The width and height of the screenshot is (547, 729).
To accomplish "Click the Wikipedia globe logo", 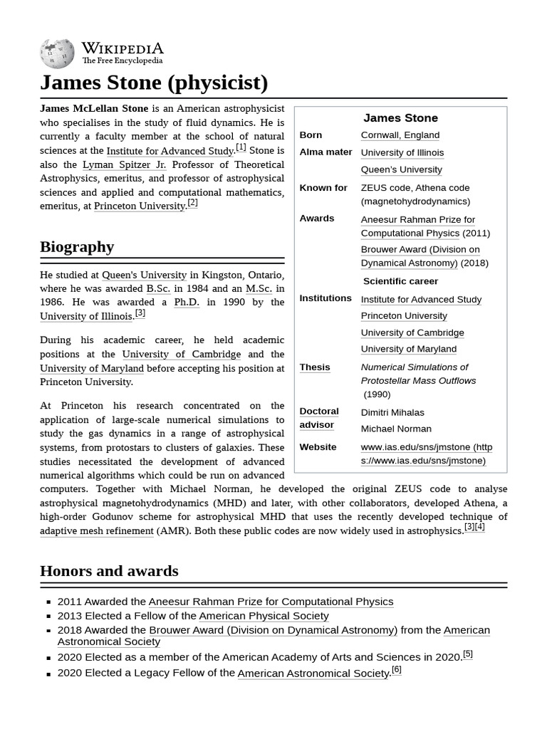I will [57, 53].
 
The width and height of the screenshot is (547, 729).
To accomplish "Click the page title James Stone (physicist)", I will [154, 83].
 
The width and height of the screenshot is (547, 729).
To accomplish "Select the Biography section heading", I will [77, 247].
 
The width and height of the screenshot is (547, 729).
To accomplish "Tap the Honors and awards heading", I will [109, 571].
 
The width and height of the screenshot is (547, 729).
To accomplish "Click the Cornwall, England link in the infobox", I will [400, 135].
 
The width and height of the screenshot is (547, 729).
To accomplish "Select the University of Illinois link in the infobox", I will [402, 152].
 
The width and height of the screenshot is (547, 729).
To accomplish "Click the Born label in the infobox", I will [311, 135].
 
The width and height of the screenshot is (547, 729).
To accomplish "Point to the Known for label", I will [323, 188].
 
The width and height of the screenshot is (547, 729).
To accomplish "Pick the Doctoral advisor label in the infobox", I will [318, 418].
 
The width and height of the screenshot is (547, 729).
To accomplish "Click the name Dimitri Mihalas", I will [392, 412].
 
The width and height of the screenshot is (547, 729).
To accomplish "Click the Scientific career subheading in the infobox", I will [400, 281].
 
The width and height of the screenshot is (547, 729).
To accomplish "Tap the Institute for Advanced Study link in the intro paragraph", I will [170, 151].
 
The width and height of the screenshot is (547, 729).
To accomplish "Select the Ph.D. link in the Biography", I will [187, 302].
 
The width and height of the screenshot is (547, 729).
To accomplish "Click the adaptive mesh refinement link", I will [96, 531].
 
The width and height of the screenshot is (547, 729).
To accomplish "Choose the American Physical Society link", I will [264, 616].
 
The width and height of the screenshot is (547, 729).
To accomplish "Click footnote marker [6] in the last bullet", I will [397, 670].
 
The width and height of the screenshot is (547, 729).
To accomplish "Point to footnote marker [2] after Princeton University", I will [192, 203].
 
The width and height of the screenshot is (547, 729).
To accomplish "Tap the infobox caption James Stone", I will [400, 118].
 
